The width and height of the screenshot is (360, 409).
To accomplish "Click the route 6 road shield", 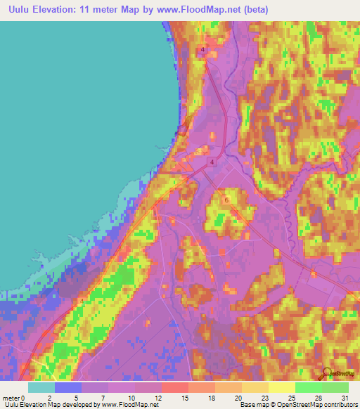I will pyautogui.click(x=226, y=200).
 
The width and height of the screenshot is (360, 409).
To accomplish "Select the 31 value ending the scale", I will pyautogui.click(x=345, y=397).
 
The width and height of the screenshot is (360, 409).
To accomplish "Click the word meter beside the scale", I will pyautogui.click(x=11, y=397).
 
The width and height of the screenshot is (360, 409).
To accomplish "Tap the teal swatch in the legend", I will pyautogui.click(x=41, y=387).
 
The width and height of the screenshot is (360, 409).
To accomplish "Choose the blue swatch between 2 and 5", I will pyautogui.click(x=68, y=387).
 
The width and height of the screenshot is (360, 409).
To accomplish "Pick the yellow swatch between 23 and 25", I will pyautogui.click(x=282, y=387).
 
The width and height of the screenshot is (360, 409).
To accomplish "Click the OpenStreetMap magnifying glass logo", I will pyautogui.click(x=328, y=373).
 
